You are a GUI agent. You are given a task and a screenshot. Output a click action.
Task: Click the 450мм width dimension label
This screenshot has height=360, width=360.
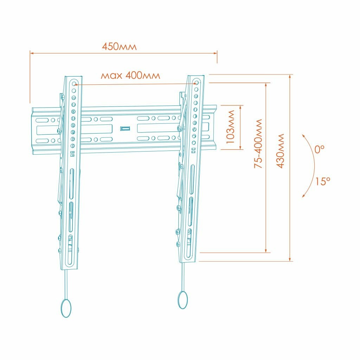click(x=119, y=46)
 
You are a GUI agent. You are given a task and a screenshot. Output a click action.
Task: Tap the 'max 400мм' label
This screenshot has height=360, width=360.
click(x=130, y=75)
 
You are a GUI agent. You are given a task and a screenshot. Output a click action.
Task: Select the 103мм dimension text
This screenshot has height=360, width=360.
click(x=230, y=127)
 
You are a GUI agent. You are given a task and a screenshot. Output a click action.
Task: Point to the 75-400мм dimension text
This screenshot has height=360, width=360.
click(x=258, y=143)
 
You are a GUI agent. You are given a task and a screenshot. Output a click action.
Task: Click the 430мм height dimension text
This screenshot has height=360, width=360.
click(x=280, y=151)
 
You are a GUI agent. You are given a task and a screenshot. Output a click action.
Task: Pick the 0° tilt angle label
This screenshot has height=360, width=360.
click(x=319, y=149)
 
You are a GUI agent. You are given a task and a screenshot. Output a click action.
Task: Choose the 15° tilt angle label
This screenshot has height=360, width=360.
click(x=322, y=181)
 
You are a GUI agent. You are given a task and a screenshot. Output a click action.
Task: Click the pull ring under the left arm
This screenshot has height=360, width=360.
click(x=66, y=308)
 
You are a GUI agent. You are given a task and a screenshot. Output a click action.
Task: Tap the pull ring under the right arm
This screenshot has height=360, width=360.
click(x=183, y=300)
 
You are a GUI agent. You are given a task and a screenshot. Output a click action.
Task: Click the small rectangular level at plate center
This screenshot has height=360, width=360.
click(x=125, y=128)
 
